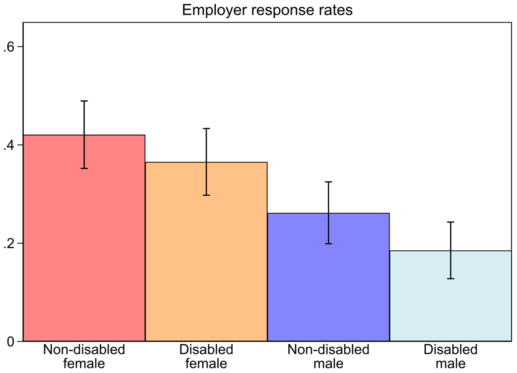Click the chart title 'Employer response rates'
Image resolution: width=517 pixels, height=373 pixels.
click(x=267, y=10)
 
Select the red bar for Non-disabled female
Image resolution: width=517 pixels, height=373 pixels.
click(x=84, y=238)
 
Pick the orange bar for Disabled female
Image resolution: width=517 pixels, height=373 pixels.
click(x=206, y=252)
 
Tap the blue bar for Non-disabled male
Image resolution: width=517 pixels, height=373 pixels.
click(x=328, y=277)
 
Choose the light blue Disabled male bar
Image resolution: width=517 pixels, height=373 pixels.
click(x=451, y=296)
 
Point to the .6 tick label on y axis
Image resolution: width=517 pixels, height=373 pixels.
click(x=9, y=47)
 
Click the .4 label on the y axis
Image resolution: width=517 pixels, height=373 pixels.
click(x=9, y=145)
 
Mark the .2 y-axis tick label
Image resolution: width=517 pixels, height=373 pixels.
click(x=9, y=244)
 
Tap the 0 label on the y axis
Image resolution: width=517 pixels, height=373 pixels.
click(x=11, y=342)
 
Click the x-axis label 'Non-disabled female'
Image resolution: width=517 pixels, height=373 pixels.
click(x=84, y=357)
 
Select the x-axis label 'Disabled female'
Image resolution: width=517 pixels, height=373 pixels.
click(x=206, y=357)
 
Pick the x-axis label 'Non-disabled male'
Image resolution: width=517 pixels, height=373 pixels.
click(x=328, y=357)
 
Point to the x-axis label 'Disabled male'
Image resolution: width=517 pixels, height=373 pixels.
click(x=451, y=357)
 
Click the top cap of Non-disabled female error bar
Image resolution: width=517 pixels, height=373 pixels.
click(x=84, y=101)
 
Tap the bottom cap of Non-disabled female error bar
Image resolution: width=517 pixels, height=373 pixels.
click(x=84, y=168)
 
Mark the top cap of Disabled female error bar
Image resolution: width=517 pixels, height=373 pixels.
click(x=206, y=128)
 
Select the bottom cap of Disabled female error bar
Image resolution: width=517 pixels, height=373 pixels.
click(x=206, y=195)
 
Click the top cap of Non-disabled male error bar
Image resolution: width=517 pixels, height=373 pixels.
click(x=328, y=182)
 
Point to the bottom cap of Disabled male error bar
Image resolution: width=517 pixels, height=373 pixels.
click(x=451, y=279)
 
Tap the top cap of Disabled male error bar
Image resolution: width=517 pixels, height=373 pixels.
click(x=451, y=222)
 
